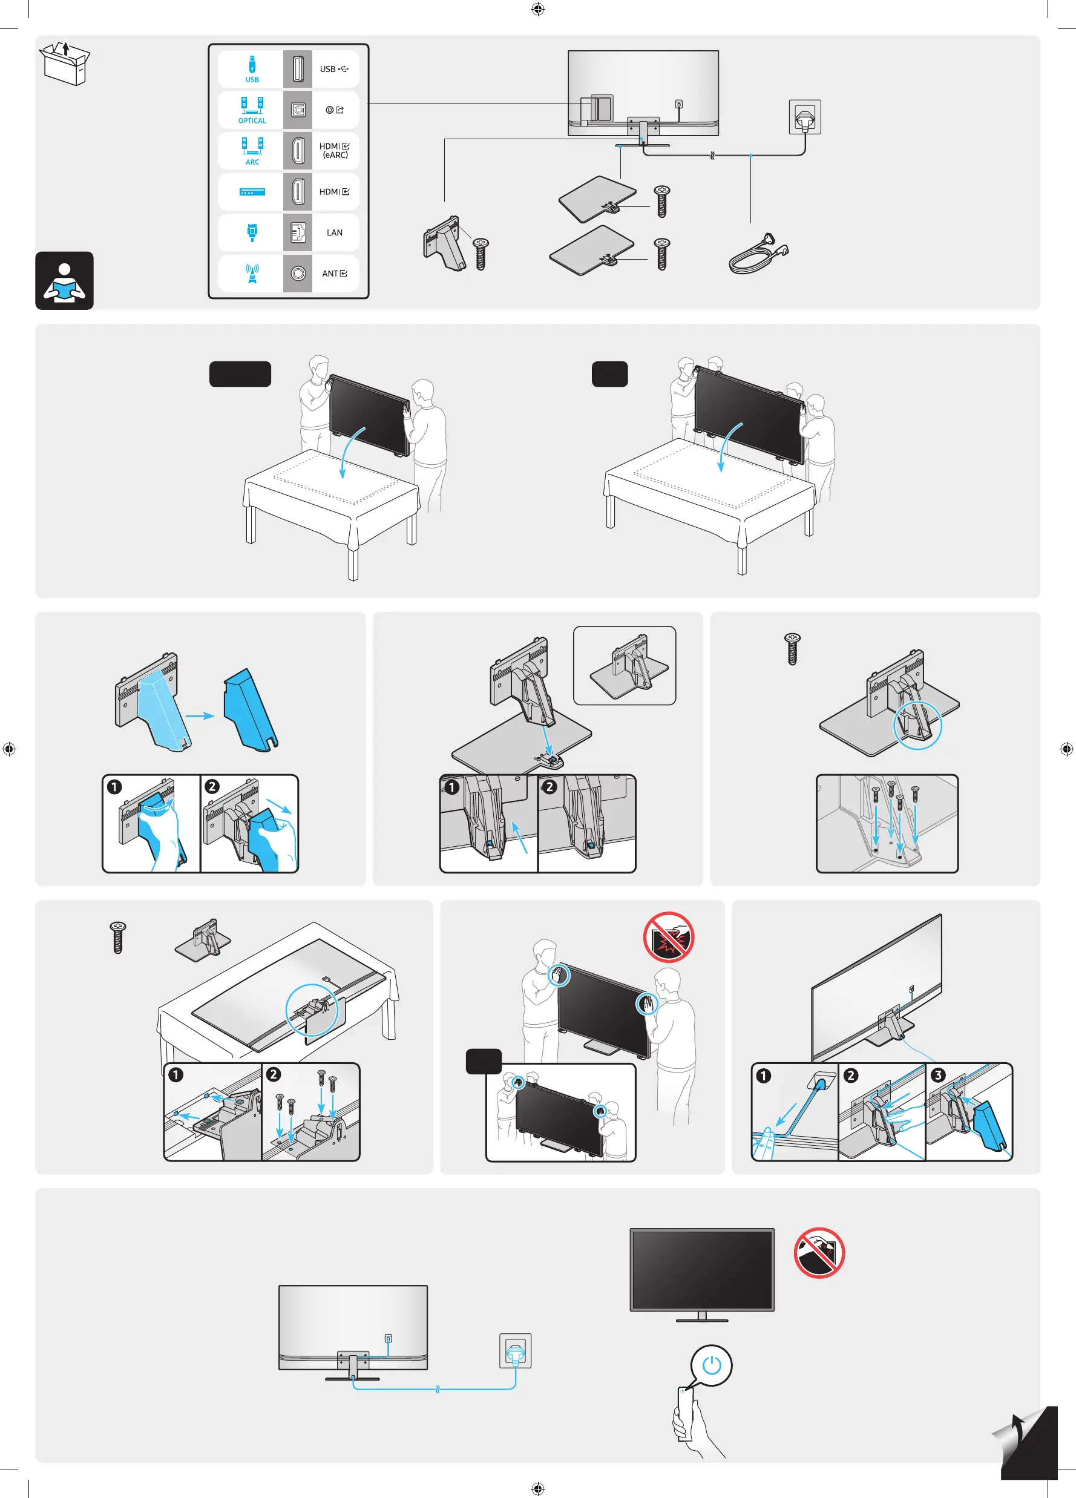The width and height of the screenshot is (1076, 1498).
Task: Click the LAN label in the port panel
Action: tap(334, 232)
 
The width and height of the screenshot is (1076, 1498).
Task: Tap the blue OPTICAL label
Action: tap(252, 121)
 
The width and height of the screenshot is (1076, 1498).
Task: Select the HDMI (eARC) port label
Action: tap(334, 151)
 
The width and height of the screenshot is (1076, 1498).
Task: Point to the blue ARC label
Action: tap(252, 162)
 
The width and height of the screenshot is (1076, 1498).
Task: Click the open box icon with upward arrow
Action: tap(65, 64)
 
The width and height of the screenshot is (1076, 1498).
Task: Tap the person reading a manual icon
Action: tap(64, 281)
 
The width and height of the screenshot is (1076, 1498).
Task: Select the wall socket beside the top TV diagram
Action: tap(804, 117)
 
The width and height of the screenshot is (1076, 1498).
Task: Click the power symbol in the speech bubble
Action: tap(712, 1365)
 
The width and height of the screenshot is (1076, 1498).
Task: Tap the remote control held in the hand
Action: tap(684, 1413)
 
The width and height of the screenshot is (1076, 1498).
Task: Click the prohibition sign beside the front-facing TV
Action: tap(819, 1253)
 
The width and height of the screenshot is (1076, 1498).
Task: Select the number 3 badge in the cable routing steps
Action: tap(937, 1076)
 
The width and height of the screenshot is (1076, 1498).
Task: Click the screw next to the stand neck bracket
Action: tap(482, 254)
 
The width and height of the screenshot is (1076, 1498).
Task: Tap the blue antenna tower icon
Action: tap(252, 274)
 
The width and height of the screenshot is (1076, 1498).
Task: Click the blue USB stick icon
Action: tap(252, 65)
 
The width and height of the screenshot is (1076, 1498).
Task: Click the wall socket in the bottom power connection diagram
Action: tap(515, 1352)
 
